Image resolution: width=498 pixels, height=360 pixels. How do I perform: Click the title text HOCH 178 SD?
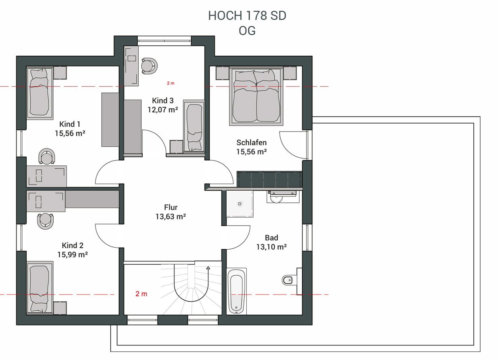point(247,16)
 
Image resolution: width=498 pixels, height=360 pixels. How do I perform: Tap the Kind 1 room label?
point(70,124)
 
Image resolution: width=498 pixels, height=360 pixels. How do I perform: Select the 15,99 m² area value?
point(73,254)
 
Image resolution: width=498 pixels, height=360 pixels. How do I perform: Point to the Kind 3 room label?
point(163,101)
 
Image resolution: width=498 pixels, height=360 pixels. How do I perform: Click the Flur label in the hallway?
point(171,207)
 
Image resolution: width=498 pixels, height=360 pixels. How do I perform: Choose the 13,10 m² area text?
point(272,247)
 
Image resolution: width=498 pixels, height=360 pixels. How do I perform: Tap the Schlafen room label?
point(251,142)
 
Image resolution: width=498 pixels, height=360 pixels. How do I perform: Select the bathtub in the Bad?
point(236,291)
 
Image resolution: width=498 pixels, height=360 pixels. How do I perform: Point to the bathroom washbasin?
point(276,198)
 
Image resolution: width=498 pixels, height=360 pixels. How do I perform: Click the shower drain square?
point(240,204)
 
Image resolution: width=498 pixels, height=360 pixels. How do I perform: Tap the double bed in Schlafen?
point(256,96)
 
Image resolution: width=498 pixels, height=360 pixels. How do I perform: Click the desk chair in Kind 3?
point(149,66)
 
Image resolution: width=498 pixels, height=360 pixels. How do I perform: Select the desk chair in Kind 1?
point(47,156)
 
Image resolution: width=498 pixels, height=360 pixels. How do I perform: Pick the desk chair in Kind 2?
point(45,221)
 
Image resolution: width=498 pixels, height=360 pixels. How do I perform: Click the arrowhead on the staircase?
point(208,268)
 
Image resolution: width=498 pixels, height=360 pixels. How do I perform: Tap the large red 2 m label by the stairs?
point(141,294)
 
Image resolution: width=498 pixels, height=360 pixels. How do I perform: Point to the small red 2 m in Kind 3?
point(170,83)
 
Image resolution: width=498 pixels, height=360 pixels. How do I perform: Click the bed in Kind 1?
point(40,93)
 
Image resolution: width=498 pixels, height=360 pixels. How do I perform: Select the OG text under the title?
point(247,31)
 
